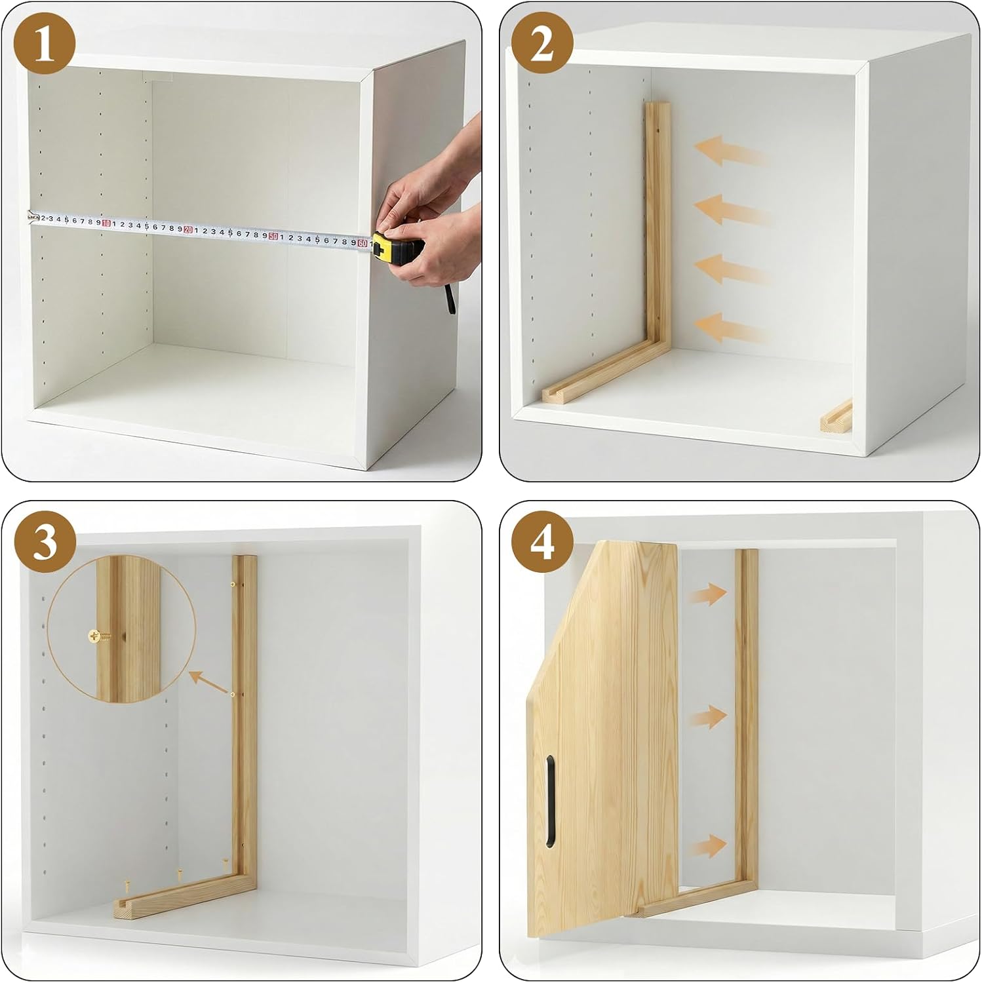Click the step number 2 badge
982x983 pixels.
click(541, 44)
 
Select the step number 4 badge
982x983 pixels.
click(541, 542)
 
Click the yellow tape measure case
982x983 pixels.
click(397, 248)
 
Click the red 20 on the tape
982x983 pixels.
click(188, 230)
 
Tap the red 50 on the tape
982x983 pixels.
click(273, 237)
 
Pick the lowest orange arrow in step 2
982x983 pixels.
click(731, 328)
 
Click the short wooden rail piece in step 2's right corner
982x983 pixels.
click(836, 415)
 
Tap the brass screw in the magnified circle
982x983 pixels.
click(98, 636)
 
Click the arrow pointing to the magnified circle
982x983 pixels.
click(209, 682)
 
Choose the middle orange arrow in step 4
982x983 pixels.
click(707, 716)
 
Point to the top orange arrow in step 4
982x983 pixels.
click(707, 594)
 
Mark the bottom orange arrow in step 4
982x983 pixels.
click(707, 846)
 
